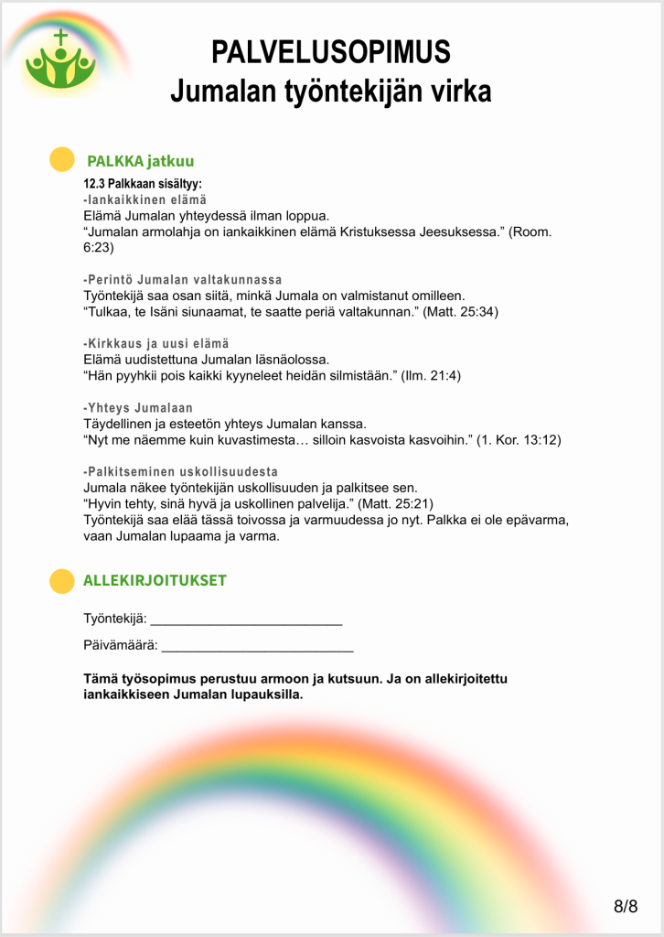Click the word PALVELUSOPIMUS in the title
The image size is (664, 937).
coord(331,52)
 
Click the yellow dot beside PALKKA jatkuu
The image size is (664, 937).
coord(61,159)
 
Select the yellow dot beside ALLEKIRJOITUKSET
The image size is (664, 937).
coord(61,581)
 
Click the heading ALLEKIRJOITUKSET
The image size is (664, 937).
coord(155,581)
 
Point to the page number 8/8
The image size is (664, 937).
coord(626,906)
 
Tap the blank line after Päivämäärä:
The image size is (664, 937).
coord(257,647)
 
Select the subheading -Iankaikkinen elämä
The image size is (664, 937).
coord(145,199)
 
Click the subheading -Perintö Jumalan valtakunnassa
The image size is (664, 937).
coord(183,279)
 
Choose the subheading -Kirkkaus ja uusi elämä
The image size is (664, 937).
coord(156,343)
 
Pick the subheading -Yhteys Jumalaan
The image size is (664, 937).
coord(138,407)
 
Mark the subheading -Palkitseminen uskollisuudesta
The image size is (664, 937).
coord(180,471)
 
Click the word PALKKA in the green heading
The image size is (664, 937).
coord(114,162)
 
